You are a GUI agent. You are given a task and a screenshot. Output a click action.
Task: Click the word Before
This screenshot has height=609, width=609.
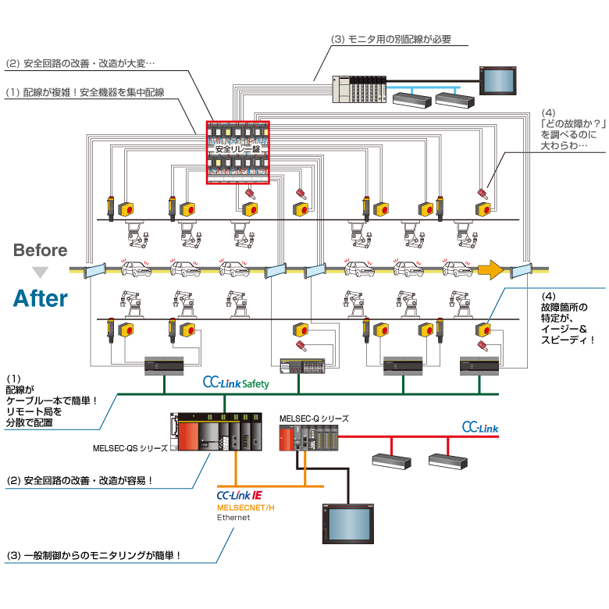[40, 251]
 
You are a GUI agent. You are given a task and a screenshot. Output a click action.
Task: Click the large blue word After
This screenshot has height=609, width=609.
[40, 297]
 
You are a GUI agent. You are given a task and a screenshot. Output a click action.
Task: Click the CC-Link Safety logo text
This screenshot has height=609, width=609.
[236, 383]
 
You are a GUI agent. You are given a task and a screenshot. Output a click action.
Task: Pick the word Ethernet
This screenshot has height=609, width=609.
[233, 518]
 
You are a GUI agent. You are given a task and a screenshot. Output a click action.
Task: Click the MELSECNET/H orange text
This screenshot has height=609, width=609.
[246, 507]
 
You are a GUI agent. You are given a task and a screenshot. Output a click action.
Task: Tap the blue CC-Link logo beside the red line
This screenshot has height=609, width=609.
[479, 428]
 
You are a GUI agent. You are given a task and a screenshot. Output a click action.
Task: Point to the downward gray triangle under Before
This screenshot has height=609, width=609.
[40, 272]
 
